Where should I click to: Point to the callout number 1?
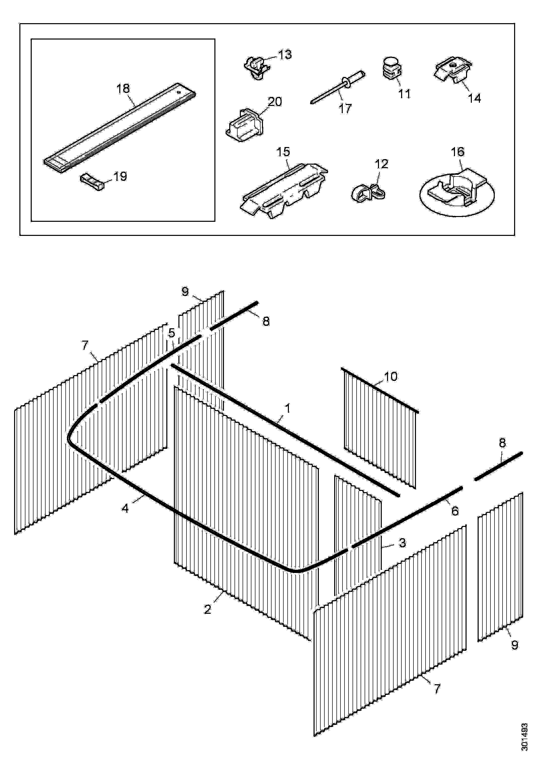coord(287,409)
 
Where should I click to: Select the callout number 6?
coord(455,511)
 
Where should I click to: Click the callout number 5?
coord(171,333)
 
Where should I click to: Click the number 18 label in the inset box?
coord(123,88)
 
